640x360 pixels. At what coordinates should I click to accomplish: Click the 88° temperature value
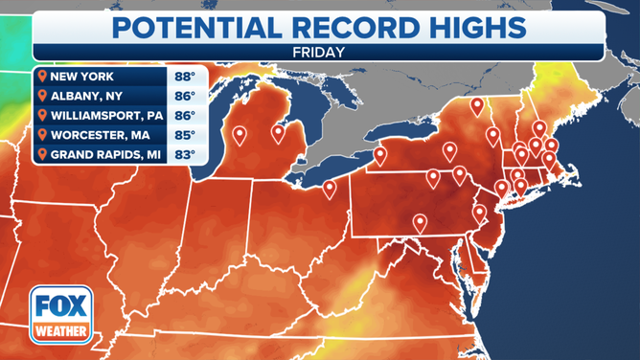coord(184,75)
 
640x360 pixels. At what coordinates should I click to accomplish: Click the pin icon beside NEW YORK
coord(41,75)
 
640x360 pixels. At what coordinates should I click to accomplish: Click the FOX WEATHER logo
coord(56,313)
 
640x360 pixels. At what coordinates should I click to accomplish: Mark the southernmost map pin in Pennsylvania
coord(419,223)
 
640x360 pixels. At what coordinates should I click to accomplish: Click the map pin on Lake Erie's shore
coord(330,189)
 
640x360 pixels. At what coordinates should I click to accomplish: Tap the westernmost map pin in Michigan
coord(239,136)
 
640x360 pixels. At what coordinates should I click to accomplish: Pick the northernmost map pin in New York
coord(476,106)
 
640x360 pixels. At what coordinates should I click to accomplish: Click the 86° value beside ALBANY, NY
coord(184,95)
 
